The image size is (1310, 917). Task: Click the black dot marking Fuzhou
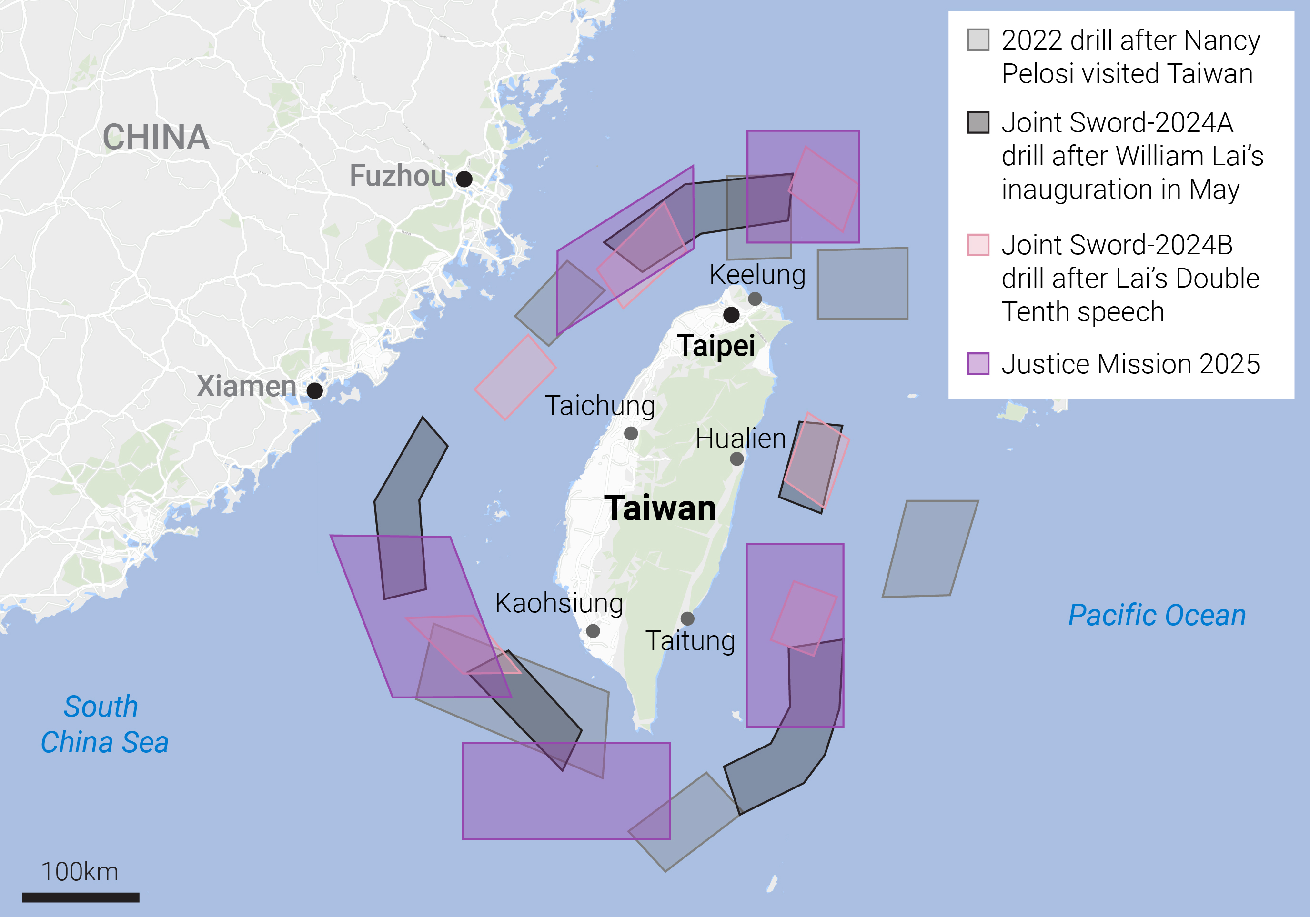464,179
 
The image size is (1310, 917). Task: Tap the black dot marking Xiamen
314,390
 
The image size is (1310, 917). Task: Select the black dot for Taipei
731,314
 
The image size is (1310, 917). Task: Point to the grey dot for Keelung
755,298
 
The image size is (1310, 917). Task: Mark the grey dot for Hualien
736,458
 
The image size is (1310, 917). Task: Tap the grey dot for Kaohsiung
593,631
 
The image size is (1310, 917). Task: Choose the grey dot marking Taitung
687,618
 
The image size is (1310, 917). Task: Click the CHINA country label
156,138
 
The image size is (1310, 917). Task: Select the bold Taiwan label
660,508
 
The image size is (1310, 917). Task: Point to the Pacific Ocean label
1157,615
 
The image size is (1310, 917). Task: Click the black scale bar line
81,897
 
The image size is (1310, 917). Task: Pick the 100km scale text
80,871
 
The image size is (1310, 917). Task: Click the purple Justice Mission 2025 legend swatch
978,364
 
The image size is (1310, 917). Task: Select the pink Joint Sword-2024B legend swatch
978,245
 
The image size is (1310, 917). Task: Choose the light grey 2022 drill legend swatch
978,40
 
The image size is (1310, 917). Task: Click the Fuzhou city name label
398,176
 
